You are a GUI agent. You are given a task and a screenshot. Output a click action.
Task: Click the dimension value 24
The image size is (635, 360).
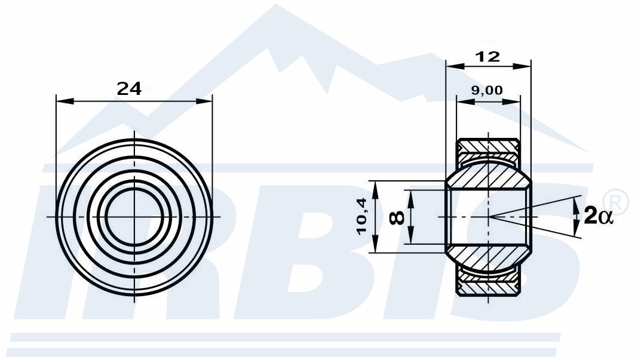[129, 88]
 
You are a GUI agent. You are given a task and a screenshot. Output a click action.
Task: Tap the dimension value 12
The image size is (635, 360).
[488, 57]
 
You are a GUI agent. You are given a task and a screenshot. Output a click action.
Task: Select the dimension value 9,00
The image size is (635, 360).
[487, 90]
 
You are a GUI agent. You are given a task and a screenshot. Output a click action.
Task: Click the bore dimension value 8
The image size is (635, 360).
[397, 218]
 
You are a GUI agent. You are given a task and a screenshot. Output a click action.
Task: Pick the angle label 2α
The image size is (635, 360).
[599, 216]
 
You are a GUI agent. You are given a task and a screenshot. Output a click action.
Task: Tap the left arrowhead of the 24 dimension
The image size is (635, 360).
[65, 101]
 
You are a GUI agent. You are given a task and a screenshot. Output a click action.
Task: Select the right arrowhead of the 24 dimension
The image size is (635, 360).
[204, 101]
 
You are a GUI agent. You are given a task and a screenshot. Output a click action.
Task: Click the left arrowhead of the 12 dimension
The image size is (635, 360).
[455, 66]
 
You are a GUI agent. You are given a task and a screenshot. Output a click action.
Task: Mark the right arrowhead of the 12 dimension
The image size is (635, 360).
[522, 66]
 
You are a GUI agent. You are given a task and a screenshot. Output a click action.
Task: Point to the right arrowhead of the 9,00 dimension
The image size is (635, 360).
[511, 101]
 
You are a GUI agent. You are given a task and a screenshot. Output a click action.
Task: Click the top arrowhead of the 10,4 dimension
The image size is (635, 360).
[375, 190]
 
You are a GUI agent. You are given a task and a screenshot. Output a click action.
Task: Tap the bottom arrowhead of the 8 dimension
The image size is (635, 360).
[410, 236]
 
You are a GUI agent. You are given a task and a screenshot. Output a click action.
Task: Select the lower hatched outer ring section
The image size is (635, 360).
[489, 284]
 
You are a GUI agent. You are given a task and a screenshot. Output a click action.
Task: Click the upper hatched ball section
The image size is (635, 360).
[489, 176]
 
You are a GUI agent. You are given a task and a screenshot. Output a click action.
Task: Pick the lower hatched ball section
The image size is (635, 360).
[489, 258]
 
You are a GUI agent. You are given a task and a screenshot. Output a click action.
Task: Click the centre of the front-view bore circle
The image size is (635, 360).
[134, 217]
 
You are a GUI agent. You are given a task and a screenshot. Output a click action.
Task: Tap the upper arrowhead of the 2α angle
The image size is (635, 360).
[576, 207]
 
